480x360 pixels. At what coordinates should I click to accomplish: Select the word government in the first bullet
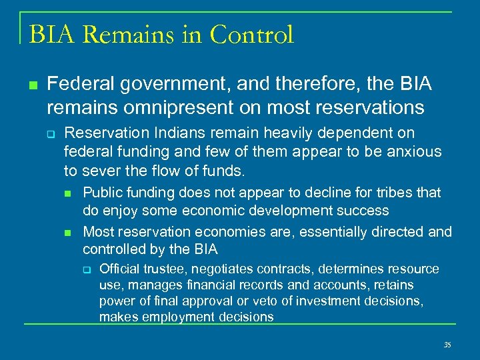152,85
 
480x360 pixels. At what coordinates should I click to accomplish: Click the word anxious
413,151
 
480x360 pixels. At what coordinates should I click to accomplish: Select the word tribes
398,193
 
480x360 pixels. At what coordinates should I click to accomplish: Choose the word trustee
164,269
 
